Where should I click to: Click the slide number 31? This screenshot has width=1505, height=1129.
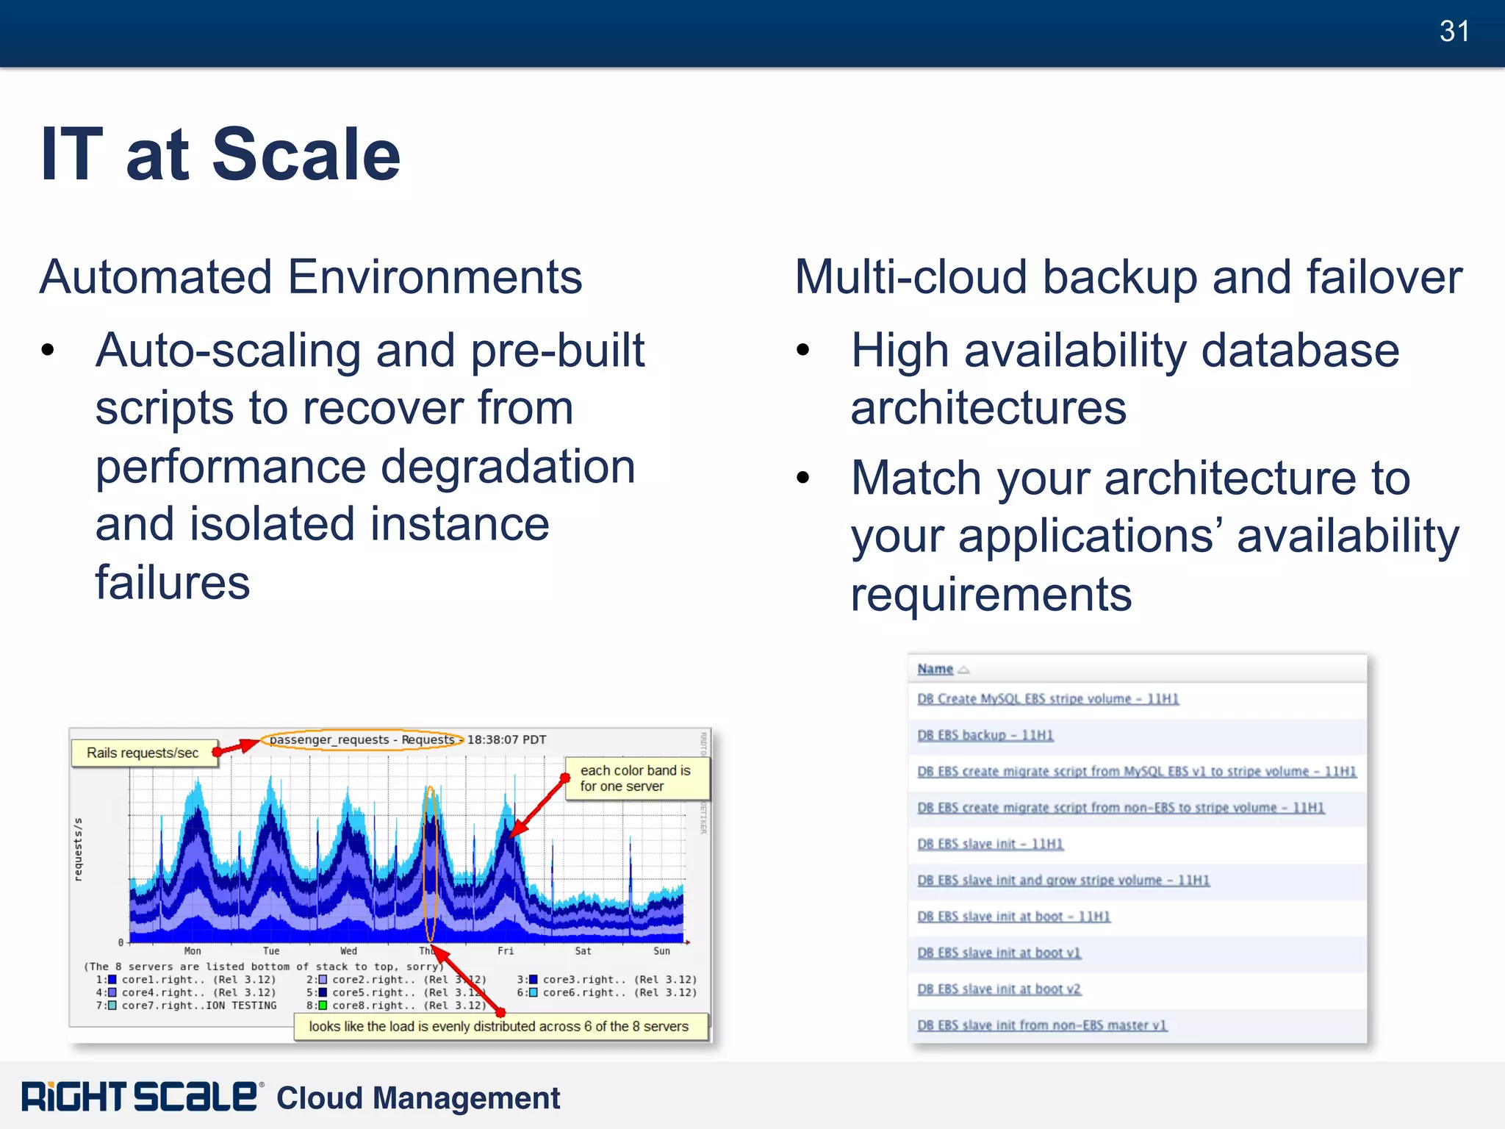[x=1454, y=32]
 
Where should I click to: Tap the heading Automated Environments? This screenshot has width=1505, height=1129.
[x=311, y=277]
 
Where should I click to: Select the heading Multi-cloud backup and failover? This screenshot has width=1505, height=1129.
[x=1128, y=277]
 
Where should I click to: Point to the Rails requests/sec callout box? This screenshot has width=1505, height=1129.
[x=143, y=753]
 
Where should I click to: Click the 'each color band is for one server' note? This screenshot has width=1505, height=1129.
[x=635, y=778]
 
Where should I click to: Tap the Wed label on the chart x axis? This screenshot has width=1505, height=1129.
[x=348, y=951]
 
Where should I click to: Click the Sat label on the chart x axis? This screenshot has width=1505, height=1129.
[x=583, y=951]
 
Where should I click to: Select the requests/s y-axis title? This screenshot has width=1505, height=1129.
[x=79, y=849]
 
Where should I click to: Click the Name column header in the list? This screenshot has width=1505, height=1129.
[x=935, y=669]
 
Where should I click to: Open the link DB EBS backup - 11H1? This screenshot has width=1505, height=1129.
[x=985, y=735]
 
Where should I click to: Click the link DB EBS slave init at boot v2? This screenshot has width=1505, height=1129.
[x=999, y=989]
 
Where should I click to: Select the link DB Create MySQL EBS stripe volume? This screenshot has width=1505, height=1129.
[x=1047, y=699]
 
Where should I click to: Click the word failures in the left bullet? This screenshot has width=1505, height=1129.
[x=173, y=583]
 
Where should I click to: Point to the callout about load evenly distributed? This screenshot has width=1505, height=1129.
[x=499, y=1026]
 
